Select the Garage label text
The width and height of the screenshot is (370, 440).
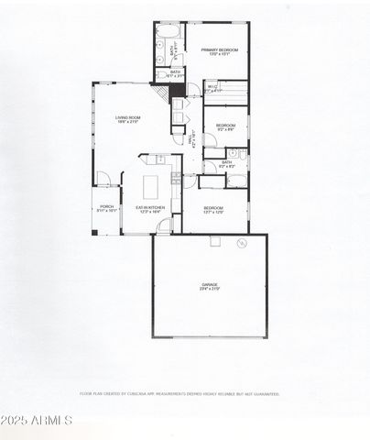point(210,287)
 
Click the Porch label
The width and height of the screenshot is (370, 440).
point(107,208)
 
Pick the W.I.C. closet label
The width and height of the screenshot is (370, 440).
point(212,88)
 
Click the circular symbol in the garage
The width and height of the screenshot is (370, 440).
point(242,244)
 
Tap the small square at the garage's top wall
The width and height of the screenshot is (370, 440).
point(215,241)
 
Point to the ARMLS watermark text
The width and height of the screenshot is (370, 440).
point(37,421)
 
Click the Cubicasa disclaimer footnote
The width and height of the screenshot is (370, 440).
point(185,394)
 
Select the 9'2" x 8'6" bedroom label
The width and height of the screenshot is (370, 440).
point(225,127)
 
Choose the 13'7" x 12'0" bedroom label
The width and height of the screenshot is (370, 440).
point(212,210)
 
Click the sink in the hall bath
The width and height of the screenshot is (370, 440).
point(233,153)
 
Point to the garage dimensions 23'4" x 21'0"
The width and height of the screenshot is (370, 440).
point(210,291)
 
